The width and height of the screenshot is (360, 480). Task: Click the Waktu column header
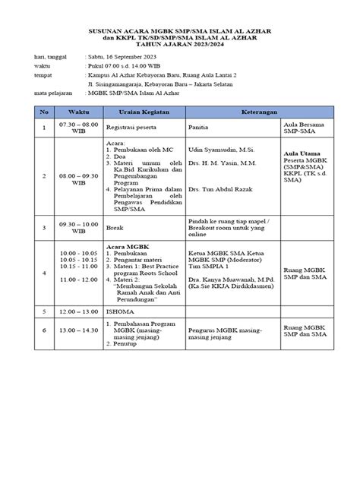[x=79, y=110]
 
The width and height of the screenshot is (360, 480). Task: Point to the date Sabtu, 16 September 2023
[x=124, y=58]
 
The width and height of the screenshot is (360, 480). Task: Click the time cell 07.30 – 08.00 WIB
[x=79, y=128]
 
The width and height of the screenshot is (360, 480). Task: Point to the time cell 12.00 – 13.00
[x=79, y=311]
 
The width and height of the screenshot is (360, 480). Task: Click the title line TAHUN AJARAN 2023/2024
[x=180, y=45]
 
